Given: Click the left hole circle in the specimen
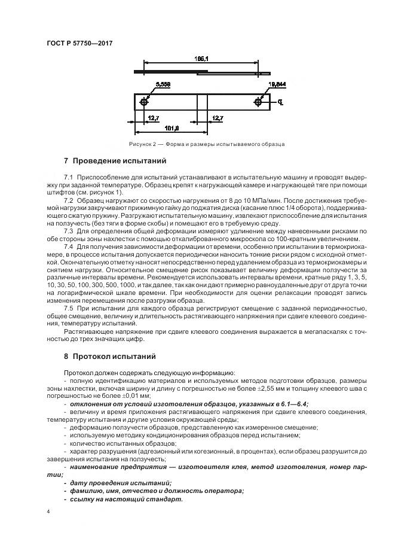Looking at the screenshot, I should point(145,102).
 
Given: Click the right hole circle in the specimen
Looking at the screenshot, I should point(258,102).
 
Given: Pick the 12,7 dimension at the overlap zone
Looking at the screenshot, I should point(218,118).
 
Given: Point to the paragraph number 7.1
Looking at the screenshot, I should point(68,178).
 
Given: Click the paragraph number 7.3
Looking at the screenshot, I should point(68,230).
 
